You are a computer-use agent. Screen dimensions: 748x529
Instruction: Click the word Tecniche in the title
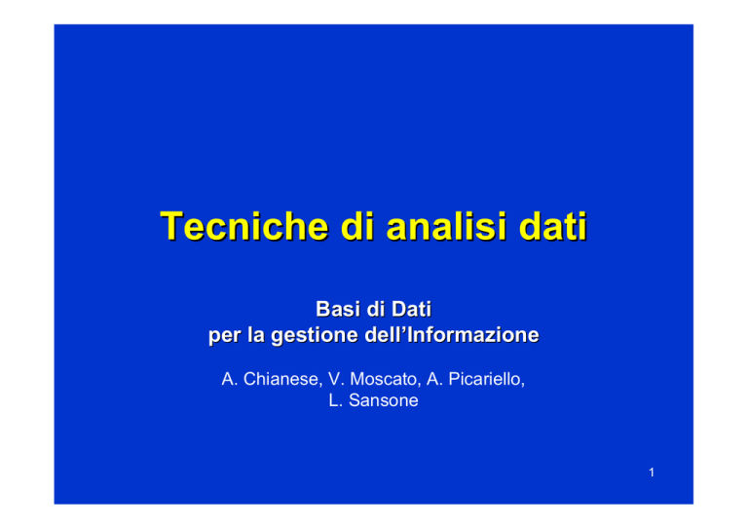[244, 226]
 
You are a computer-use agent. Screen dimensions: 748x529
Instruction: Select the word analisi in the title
[446, 226]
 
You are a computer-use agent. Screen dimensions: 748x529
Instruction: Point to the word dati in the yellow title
[553, 226]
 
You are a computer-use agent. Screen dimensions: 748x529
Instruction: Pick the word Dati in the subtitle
[411, 309]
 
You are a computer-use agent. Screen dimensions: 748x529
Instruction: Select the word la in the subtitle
[256, 335]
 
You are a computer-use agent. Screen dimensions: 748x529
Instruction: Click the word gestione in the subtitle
[315, 335]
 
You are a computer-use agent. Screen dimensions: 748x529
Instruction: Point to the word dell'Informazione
[452, 335]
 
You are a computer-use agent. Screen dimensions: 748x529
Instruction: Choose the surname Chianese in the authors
[282, 379]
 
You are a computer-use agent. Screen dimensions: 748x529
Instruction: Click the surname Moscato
[385, 379]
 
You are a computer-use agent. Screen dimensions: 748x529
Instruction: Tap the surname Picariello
[487, 379]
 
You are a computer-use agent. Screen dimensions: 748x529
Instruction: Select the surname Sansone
[384, 400]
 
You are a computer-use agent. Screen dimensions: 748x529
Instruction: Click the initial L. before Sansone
[336, 400]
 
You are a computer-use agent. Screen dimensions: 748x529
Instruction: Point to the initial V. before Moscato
[336, 379]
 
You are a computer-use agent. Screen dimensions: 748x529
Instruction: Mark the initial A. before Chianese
[230, 379]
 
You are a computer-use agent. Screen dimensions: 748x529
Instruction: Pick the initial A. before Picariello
[435, 379]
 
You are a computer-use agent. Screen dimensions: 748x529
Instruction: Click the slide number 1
[652, 472]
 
